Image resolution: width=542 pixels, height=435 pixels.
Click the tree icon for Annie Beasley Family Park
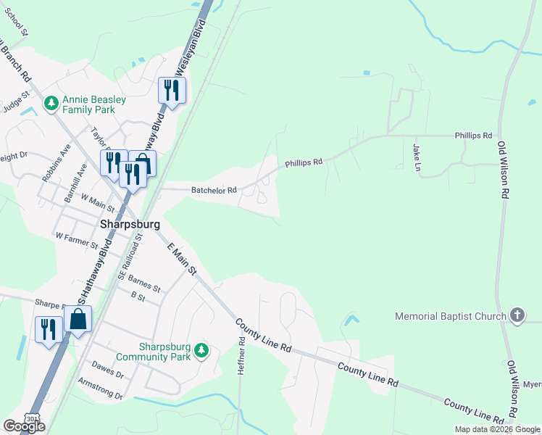pos(51,104)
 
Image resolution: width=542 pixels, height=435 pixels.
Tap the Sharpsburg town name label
pos(129,225)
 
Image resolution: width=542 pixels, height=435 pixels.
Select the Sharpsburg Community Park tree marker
pos(202,352)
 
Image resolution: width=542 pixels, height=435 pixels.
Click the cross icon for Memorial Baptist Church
pos(517,315)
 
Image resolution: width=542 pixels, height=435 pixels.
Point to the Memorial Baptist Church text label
pos(450,316)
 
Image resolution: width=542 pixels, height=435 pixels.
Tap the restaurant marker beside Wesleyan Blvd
pos(172,91)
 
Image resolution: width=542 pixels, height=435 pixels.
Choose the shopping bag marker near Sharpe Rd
pos(78,319)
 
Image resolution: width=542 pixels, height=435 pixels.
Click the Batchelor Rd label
pos(214,191)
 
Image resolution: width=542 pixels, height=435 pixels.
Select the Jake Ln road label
pos(417,157)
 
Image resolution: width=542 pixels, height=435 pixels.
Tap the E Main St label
pos(182,259)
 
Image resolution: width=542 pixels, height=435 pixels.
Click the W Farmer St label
pos(76,236)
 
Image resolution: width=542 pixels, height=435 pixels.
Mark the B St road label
pos(138,296)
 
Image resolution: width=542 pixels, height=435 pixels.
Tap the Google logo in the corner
pos(24,426)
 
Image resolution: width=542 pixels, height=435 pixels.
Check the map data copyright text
pos(496,429)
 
